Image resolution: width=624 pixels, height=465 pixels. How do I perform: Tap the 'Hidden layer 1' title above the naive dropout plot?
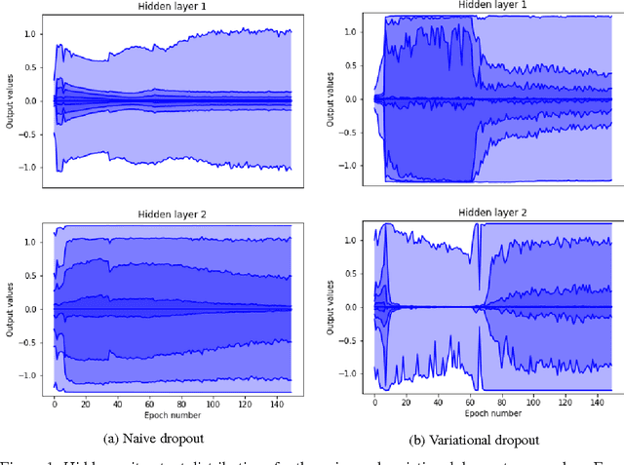169,7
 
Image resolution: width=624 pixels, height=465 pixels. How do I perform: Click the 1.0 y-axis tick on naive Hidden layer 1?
29,34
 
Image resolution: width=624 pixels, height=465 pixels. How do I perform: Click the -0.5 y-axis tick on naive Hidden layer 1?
27,134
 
